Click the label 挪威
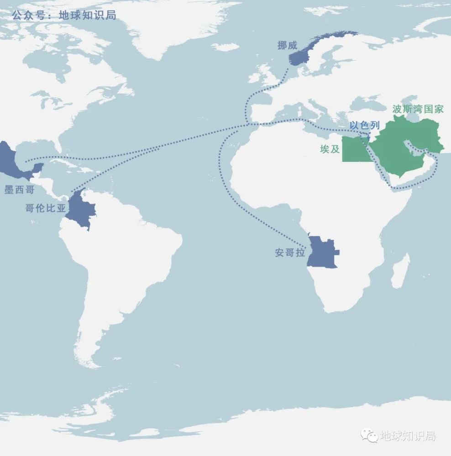point(287,45)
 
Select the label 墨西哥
point(19,190)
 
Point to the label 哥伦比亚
point(45,209)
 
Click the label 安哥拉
point(290,253)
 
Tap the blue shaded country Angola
point(322,252)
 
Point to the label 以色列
point(364,125)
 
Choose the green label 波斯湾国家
point(418,109)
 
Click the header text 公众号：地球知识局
point(64,15)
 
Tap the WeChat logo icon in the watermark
point(369,436)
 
